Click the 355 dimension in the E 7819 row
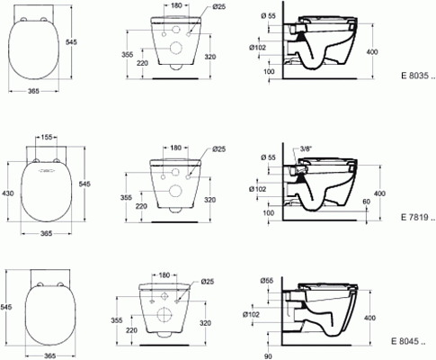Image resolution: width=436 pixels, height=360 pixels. coord(127,196)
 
